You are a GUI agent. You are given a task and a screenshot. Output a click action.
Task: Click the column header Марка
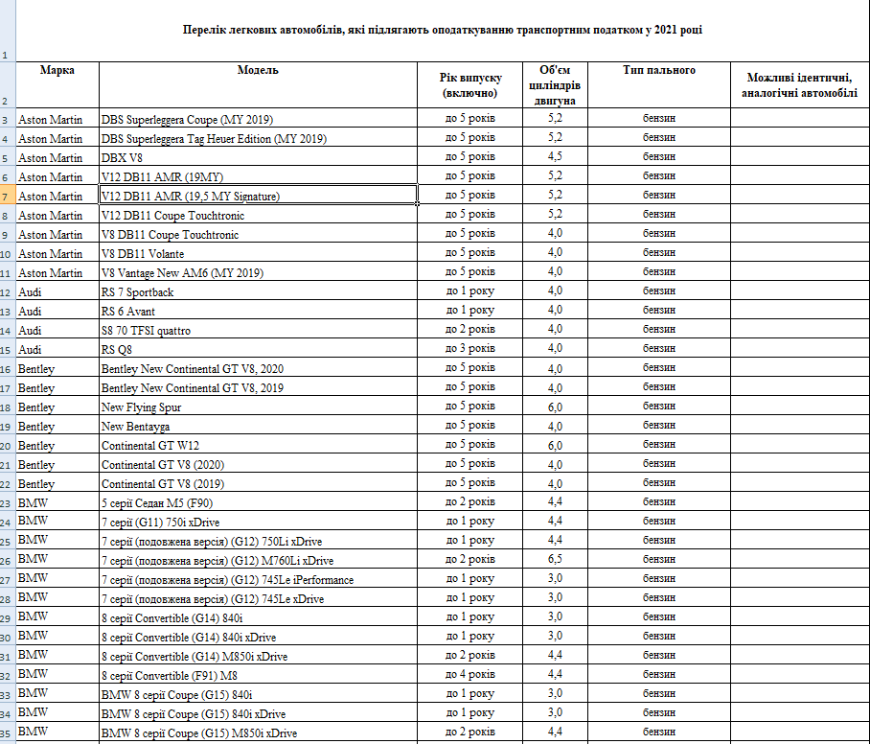[57, 70]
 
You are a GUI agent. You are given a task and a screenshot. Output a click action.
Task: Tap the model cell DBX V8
[123, 157]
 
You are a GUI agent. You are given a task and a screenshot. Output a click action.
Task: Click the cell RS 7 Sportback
[138, 291]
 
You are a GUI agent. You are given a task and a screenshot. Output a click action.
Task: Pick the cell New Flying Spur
[142, 407]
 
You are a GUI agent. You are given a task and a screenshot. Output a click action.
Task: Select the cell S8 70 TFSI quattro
[146, 330]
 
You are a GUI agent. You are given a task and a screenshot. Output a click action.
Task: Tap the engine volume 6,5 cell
[555, 560]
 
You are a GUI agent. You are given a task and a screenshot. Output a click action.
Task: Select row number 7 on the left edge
[8, 197]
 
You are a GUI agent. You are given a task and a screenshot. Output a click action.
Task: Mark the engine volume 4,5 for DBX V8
[555, 157]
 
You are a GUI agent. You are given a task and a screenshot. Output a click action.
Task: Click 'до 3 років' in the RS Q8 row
[469, 349]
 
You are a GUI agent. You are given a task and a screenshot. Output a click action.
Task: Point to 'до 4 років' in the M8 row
[469, 675]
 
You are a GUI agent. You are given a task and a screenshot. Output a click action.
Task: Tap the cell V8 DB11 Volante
[143, 253]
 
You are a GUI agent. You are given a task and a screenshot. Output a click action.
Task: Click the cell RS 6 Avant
[128, 311]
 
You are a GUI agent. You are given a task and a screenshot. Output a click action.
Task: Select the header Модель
[258, 70]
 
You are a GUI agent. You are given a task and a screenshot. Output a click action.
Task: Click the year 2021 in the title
[666, 31]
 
